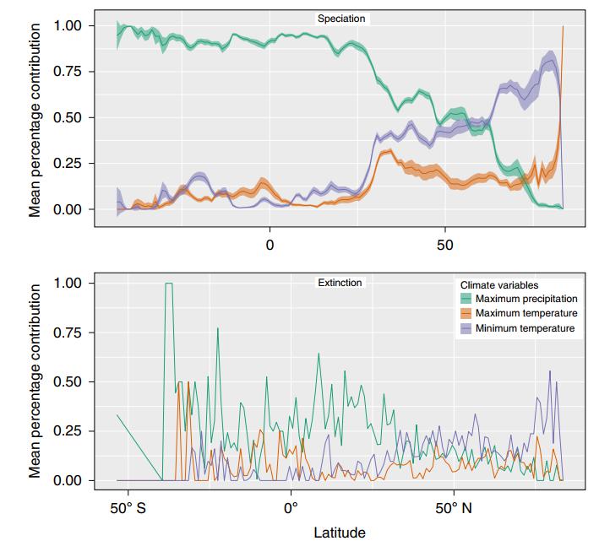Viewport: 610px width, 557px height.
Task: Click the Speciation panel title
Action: (341, 18)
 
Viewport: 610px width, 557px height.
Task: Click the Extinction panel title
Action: (339, 283)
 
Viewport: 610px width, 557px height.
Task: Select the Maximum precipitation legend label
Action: (526, 300)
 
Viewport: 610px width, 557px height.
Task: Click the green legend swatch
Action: (466, 300)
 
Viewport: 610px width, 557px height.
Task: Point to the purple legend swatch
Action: (466, 328)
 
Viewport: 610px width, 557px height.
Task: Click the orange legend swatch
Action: (466, 314)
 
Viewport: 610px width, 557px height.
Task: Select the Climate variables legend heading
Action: (498, 285)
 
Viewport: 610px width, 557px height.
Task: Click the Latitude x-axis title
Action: (339, 533)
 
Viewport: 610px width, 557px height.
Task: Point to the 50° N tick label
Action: (454, 508)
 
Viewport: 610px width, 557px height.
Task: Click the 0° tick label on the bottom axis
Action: (291, 508)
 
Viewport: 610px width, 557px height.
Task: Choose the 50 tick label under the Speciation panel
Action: (445, 245)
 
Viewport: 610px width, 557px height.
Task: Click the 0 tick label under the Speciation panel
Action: (270, 245)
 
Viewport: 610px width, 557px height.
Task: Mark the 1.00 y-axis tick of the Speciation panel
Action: (68, 26)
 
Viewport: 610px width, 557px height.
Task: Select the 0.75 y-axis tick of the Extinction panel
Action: (68, 333)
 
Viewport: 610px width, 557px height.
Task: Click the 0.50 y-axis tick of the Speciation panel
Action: (68, 118)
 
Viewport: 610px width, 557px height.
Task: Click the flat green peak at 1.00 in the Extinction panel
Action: (169, 284)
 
